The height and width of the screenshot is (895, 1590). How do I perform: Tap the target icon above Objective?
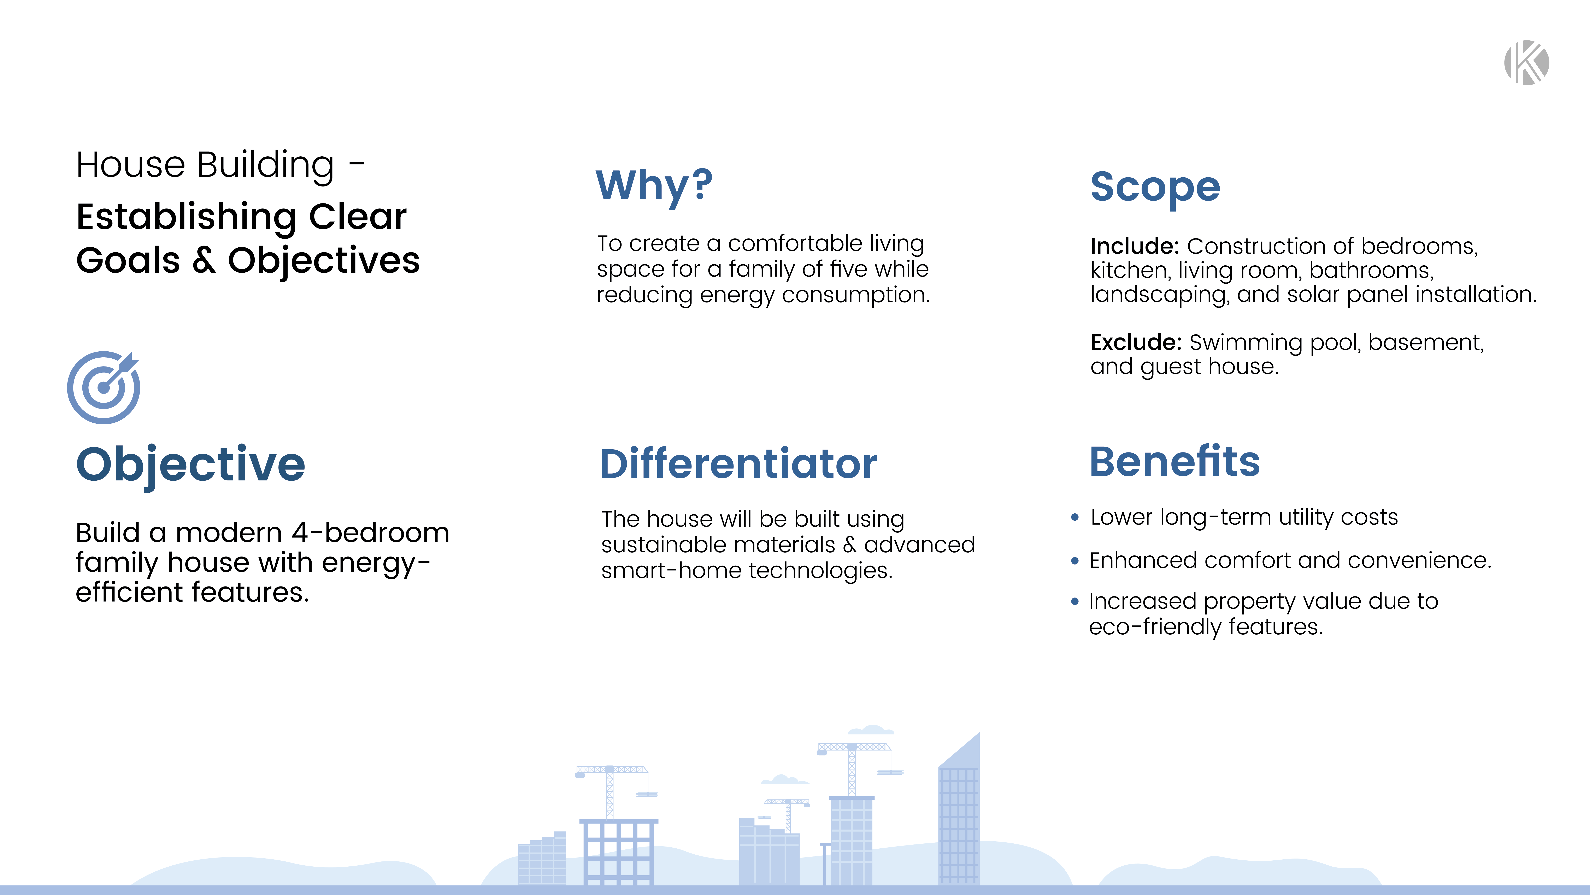pyautogui.click(x=104, y=387)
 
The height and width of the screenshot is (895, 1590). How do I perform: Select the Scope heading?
pyautogui.click(x=1155, y=186)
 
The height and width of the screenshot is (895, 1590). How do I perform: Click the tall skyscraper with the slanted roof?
pyautogui.click(x=959, y=815)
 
